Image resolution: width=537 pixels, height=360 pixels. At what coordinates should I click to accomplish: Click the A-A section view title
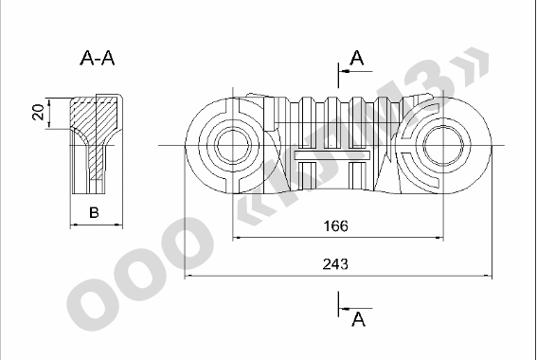(98, 58)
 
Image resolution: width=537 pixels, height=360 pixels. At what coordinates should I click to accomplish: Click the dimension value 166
(335, 226)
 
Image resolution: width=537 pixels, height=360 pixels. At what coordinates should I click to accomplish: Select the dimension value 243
(335, 264)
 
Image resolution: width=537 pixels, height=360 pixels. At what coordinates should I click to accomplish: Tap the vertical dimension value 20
(38, 113)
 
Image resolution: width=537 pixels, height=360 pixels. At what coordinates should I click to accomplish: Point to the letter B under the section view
(94, 212)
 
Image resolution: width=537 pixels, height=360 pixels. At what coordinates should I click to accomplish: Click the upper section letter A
(357, 58)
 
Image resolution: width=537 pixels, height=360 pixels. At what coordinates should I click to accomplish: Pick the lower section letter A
(358, 319)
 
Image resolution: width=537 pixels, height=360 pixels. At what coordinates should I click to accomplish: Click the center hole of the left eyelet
(233, 145)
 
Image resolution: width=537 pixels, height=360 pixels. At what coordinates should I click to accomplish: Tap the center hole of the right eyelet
(443, 145)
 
